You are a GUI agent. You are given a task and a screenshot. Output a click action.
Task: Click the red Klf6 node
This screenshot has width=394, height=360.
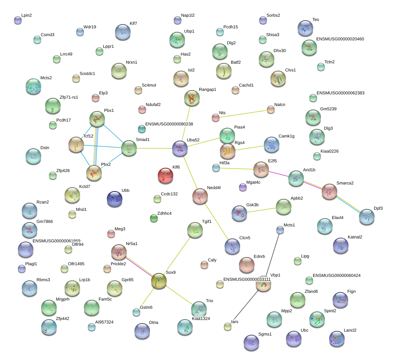click(x=166, y=176)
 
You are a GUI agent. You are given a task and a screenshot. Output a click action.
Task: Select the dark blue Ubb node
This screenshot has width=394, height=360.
click(x=115, y=199)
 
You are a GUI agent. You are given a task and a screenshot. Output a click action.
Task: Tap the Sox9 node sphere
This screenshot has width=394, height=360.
click(x=159, y=281)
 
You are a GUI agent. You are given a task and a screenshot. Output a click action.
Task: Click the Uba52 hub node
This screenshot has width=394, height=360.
click(x=180, y=148)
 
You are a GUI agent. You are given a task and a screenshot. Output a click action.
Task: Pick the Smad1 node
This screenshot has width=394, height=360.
click(x=129, y=148)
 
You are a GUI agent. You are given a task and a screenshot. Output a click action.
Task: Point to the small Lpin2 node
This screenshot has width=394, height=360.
click(x=18, y=20)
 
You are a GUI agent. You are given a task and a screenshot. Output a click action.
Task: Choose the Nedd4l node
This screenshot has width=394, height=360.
click(x=200, y=196)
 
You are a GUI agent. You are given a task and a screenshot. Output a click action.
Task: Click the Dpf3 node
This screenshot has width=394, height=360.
click(x=367, y=217)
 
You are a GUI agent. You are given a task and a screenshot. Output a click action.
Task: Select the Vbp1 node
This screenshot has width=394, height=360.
click(x=263, y=283)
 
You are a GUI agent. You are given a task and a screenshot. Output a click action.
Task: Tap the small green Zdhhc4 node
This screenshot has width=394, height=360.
click(x=154, y=218)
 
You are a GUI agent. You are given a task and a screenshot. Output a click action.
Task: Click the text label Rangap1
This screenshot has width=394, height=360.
click(x=207, y=89)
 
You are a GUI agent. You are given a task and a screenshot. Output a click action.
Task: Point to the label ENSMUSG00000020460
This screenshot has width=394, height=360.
click(x=340, y=39)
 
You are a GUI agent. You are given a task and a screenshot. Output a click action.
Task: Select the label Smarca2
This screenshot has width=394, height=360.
click(x=345, y=183)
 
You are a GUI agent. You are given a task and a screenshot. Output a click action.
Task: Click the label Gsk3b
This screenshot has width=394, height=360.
click(x=252, y=205)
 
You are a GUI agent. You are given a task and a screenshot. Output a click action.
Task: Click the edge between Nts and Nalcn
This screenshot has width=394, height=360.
click(x=243, y=114)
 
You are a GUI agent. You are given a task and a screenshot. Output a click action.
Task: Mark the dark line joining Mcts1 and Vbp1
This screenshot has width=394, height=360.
click(x=272, y=255)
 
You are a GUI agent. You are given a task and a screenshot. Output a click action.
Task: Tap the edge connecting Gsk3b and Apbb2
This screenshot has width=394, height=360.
click(x=262, y=210)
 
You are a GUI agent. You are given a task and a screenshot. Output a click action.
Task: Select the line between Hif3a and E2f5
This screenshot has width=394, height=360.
click(x=237, y=169)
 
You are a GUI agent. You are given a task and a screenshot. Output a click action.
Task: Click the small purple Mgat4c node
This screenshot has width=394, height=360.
click(x=243, y=187)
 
